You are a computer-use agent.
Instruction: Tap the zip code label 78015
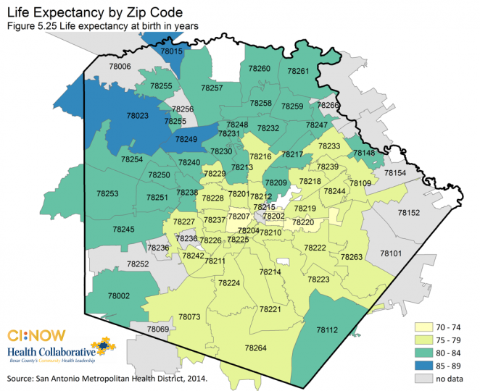point(172,51)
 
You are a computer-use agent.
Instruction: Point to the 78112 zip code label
point(327,329)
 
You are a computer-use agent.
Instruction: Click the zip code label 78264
point(255,348)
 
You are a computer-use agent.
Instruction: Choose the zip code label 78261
point(298,72)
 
